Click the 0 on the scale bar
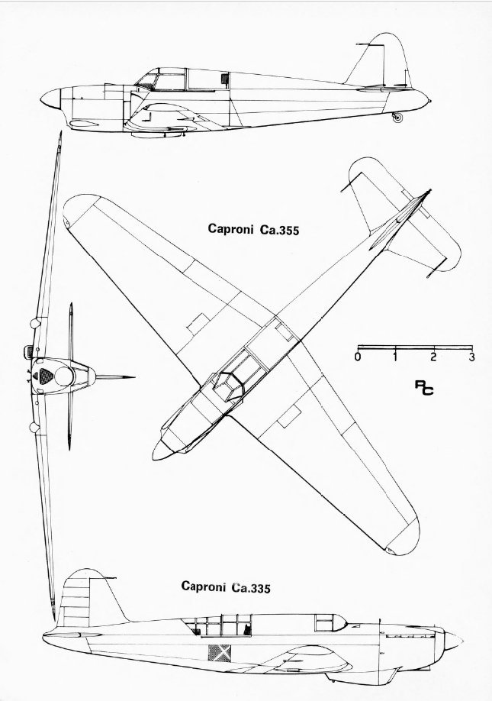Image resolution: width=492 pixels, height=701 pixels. pyautogui.click(x=358, y=357)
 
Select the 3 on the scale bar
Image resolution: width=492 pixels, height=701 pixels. pyautogui.click(x=472, y=357)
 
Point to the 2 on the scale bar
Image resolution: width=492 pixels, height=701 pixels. pyautogui.click(x=433, y=357)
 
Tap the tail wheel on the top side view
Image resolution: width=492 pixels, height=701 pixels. pyautogui.click(x=397, y=118)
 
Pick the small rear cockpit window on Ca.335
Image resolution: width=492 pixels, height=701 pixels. pyautogui.click(x=326, y=622)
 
